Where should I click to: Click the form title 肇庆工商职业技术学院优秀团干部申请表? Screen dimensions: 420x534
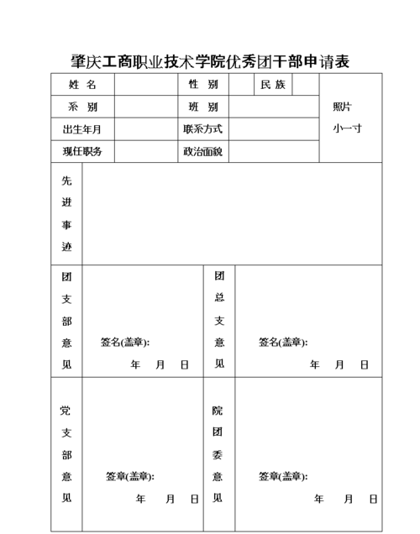210,61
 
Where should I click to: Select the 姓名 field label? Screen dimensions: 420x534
81,85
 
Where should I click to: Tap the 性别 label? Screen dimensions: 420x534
202,85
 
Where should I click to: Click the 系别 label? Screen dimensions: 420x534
81,107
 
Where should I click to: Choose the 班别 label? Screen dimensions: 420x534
202,107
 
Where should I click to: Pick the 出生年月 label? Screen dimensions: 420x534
81,130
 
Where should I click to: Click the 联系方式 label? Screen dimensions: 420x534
202,130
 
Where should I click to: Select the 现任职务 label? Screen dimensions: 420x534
81,152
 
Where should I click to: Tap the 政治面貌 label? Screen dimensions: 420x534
202,152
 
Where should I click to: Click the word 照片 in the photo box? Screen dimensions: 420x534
342,107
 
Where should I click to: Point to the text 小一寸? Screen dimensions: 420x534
346,129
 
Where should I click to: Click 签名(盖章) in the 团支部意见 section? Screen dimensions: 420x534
125,343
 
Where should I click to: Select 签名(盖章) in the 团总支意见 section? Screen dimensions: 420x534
283,343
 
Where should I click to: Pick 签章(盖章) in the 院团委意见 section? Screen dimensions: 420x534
283,477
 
